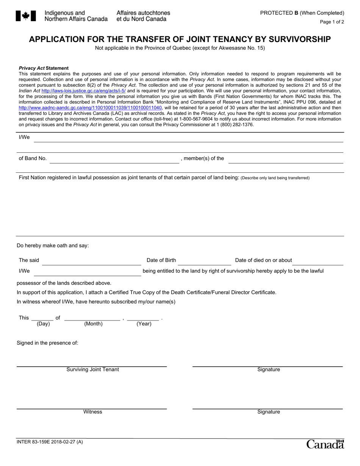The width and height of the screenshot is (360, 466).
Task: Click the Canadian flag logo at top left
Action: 26,16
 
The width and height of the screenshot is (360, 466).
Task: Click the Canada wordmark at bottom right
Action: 325,444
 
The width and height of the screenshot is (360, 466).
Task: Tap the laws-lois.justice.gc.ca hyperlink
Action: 83,91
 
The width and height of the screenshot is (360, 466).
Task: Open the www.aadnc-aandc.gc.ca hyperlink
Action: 90,108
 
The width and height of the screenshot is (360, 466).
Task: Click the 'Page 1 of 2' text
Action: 332,22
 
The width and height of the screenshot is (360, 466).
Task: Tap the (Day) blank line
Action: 42,318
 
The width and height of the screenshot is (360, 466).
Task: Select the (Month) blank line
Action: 92,318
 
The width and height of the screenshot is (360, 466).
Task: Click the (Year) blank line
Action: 143,318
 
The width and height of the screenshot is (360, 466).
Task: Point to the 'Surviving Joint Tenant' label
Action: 92,369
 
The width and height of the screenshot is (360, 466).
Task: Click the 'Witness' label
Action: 92,412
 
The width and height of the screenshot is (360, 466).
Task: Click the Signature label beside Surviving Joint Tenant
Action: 268,369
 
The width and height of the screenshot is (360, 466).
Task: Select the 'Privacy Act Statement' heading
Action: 44,68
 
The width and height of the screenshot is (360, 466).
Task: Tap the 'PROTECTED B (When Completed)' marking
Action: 302,13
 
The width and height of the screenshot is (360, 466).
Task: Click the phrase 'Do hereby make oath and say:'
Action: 53,246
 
